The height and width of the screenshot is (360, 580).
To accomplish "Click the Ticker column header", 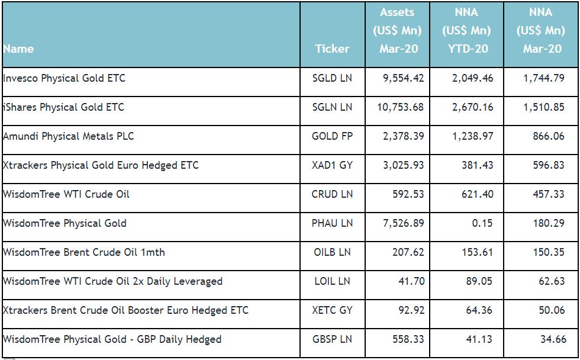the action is (x=332, y=49).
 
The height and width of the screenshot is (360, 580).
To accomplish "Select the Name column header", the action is (x=18, y=49).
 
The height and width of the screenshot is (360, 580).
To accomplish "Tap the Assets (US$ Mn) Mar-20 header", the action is (x=397, y=30).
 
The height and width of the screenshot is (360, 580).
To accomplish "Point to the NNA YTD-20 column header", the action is (x=466, y=30).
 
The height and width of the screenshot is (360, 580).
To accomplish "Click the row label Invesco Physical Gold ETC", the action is (x=64, y=78).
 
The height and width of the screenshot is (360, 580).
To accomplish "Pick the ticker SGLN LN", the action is (x=332, y=107).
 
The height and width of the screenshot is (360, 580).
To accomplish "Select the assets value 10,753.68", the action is (x=400, y=107).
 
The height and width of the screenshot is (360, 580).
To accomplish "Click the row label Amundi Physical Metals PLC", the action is (x=69, y=136).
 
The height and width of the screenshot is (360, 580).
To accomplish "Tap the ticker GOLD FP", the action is (x=332, y=136).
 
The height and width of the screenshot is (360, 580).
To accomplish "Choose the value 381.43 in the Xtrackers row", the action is (x=477, y=165).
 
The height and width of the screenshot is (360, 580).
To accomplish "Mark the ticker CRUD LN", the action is (x=332, y=194).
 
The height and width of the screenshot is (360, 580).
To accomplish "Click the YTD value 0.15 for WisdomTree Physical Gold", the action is (x=482, y=223).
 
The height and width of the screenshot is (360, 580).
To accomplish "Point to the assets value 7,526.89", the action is (x=403, y=223).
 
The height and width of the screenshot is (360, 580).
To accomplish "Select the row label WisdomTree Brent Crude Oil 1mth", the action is (x=84, y=252).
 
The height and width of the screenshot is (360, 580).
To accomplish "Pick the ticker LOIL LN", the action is (x=332, y=281).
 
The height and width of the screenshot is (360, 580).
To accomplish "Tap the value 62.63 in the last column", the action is (x=552, y=281).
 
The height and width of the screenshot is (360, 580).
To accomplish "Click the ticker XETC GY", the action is (x=332, y=310).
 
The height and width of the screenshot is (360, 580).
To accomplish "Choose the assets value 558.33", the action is (x=408, y=339).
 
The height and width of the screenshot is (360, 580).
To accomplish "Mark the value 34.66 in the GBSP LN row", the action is (x=553, y=339).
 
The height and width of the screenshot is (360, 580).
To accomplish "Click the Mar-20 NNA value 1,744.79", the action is (x=544, y=78).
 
